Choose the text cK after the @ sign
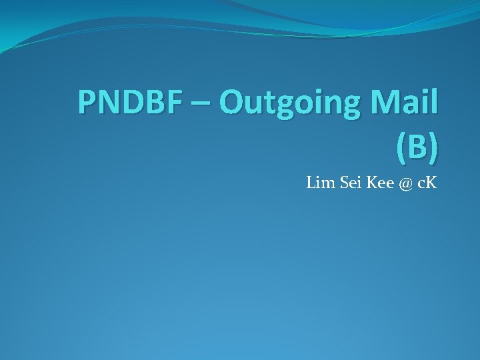427,183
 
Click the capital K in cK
430,183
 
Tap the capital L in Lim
311,183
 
